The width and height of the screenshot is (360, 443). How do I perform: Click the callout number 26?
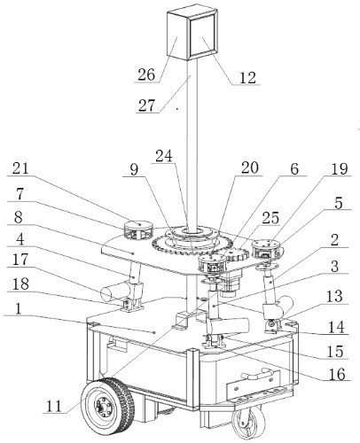[146, 74]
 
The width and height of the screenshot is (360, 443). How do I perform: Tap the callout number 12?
[247, 78]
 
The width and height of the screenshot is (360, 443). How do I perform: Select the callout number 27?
[147, 105]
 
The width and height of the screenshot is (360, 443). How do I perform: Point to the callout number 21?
[20, 168]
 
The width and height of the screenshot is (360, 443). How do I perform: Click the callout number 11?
[54, 406]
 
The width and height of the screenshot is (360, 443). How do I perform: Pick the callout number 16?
[337, 374]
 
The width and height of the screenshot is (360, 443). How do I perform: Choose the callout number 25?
[270, 218]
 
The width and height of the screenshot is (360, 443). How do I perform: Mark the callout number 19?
[339, 169]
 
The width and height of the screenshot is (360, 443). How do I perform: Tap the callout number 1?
[19, 308]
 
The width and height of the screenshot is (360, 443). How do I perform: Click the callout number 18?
[20, 284]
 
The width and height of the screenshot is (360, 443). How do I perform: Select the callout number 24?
[164, 156]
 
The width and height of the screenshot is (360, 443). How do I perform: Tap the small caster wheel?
[247, 422]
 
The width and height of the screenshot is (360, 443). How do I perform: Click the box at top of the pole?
[192, 34]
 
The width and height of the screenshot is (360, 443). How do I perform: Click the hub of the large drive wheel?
[101, 408]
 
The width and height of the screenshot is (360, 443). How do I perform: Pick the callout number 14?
[337, 328]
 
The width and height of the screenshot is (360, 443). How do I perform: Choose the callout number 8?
[18, 218]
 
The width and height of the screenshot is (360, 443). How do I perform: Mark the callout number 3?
[334, 266]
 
